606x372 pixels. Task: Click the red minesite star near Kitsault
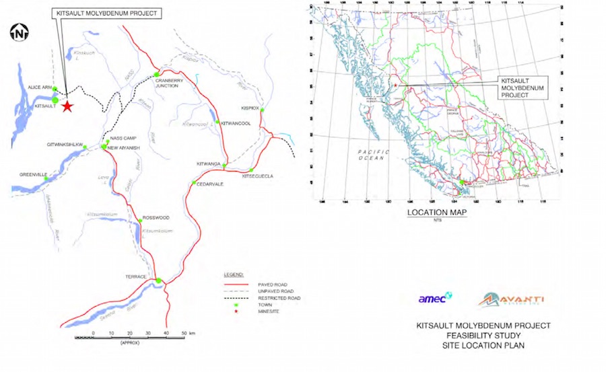(x=67, y=106)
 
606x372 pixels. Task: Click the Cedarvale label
(x=211, y=182)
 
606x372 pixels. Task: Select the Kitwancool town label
(x=235, y=124)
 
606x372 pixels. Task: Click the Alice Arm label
(x=40, y=87)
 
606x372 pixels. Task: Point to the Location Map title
(x=437, y=213)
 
